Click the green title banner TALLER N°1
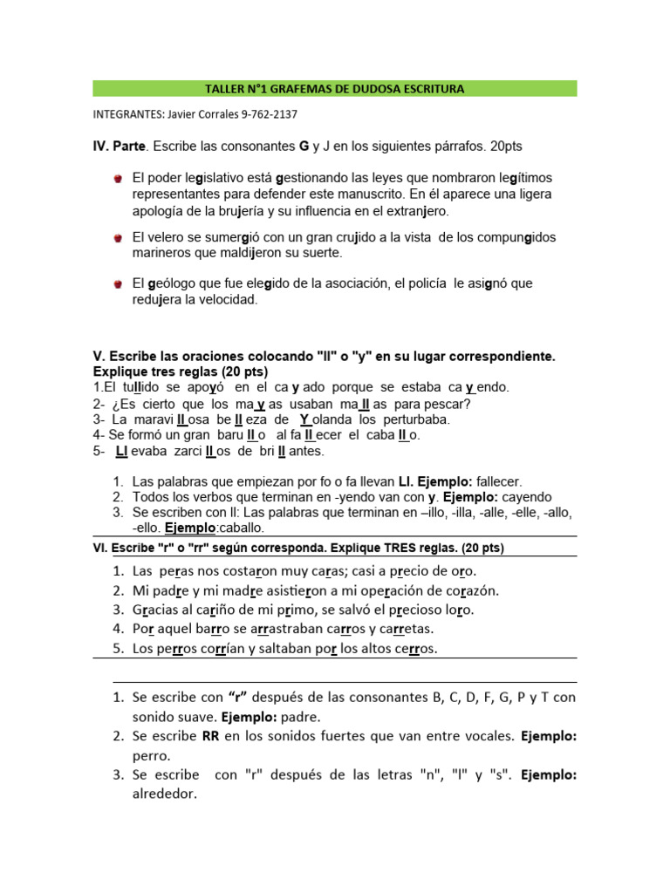(x=334, y=89)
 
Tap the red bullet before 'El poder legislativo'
(x=117, y=178)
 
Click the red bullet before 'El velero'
(x=117, y=237)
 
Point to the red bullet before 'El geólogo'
(x=117, y=284)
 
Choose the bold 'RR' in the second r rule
(x=211, y=736)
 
